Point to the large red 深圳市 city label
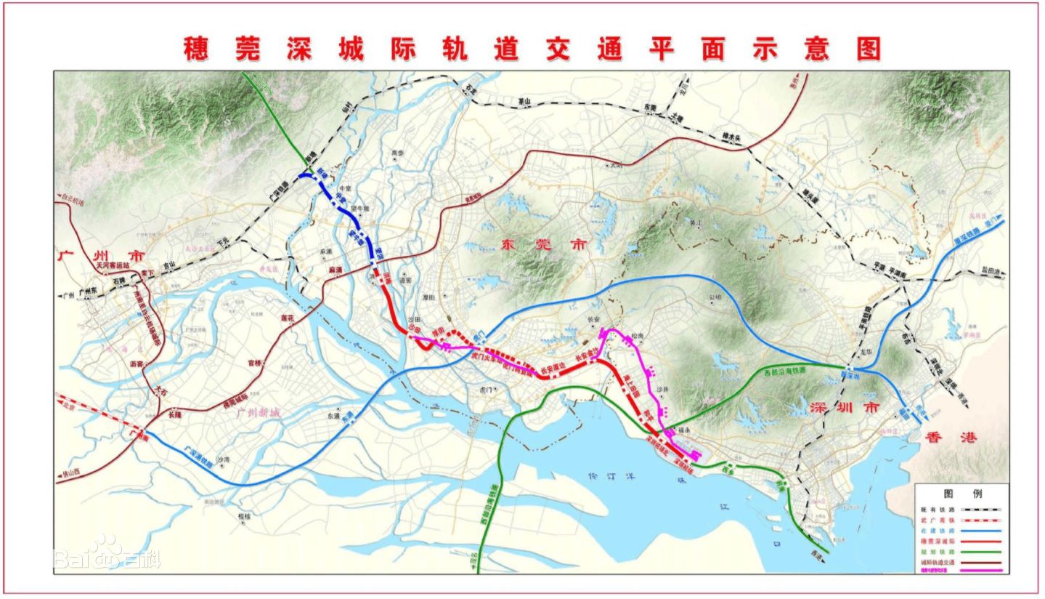coord(844,408)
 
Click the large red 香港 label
coord(951,438)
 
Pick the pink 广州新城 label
coord(258,412)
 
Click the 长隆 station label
coord(174,415)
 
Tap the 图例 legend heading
coord(961,493)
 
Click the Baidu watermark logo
coord(105,555)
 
